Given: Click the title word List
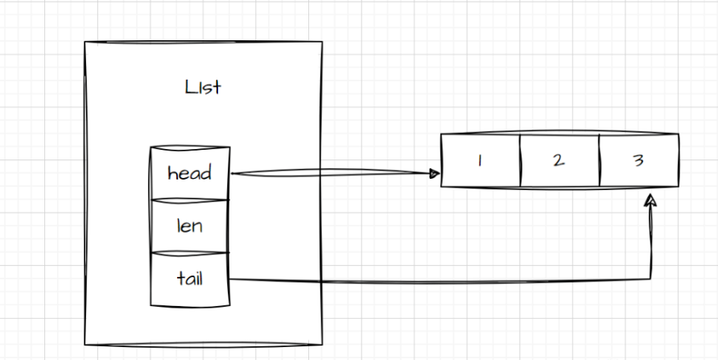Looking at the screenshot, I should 202,88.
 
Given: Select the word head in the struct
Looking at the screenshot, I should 190,173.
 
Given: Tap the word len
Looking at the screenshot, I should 190,226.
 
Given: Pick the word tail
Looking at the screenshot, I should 190,279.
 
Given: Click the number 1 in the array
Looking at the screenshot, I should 480,160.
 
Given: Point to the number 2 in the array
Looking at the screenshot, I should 559,160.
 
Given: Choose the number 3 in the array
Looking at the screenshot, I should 638,160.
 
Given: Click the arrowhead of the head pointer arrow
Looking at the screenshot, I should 435,173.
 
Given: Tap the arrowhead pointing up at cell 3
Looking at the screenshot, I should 650,198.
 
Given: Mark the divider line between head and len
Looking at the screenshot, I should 190,200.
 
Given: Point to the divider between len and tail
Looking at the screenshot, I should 190,252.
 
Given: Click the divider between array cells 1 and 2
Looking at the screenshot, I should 520,160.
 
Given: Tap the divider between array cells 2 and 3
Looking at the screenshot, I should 599,160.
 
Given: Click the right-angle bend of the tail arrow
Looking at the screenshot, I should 650,279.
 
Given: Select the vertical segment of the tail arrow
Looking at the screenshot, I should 650,242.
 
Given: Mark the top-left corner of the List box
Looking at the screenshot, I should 85,42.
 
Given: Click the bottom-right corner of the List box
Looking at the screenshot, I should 322,345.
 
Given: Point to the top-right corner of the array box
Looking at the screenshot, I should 679,134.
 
